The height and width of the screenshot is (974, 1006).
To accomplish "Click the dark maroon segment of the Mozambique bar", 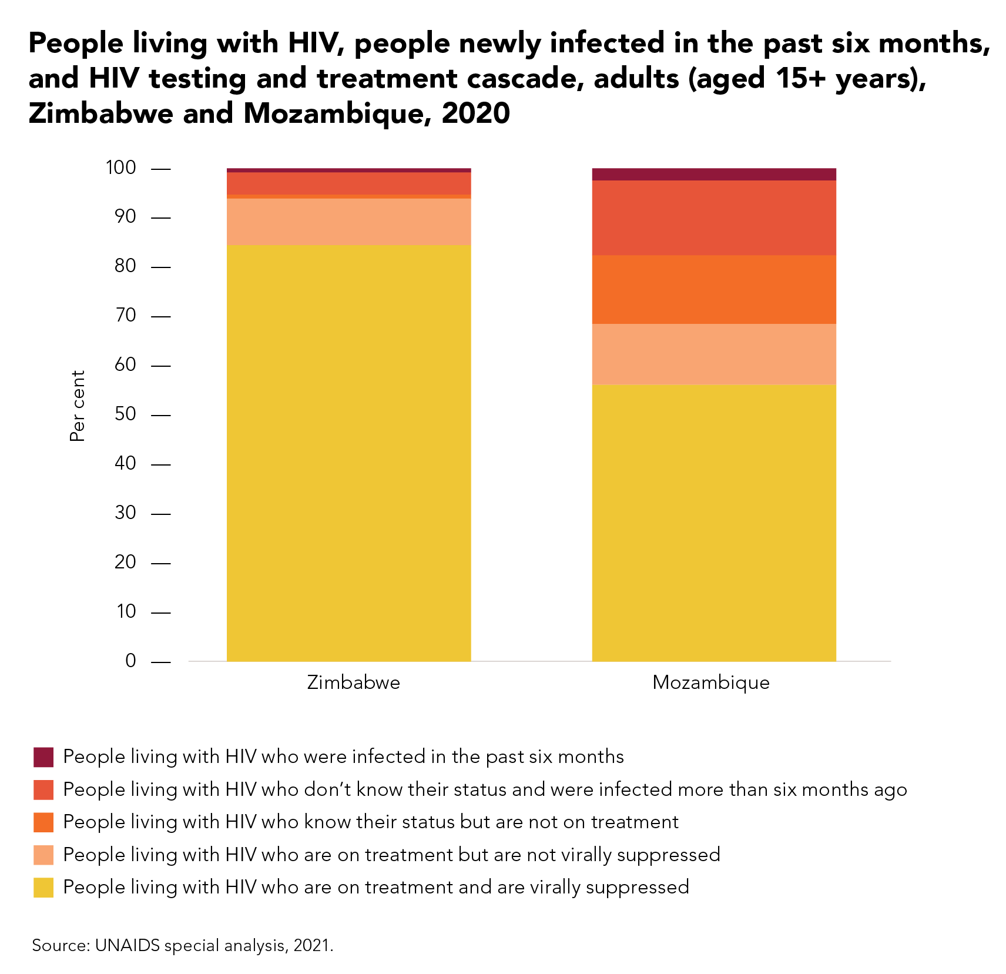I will [713, 175].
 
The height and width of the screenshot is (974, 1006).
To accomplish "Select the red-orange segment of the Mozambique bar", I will [713, 217].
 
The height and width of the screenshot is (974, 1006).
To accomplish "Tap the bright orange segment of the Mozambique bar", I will [713, 289].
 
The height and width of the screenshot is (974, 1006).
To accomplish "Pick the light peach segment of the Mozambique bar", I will [713, 354].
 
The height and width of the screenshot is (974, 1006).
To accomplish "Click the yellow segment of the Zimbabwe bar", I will [348, 453].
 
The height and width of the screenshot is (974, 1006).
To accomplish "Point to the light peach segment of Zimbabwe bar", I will [348, 222].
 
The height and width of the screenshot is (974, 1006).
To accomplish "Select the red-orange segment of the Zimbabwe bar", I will [348, 183].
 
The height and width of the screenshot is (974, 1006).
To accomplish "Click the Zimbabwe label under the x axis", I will [353, 682].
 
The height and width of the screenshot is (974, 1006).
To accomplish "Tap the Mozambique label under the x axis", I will [710, 682].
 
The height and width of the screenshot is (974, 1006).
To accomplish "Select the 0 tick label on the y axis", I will [130, 661].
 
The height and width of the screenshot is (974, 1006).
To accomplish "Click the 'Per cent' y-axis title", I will [78, 406].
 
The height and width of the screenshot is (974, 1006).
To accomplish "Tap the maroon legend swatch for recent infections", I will [43, 757].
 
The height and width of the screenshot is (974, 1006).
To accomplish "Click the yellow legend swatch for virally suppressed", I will [43, 887].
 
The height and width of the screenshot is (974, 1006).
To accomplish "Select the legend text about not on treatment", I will [370, 822].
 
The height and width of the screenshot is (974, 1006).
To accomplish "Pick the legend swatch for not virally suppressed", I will [43, 855].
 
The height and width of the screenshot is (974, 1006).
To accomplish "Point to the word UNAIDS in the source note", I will [128, 945].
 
